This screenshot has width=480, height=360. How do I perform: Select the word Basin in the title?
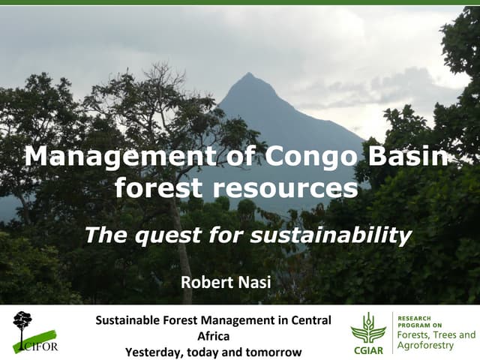coord(408,156)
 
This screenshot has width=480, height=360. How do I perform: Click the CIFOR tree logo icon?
coord(22,323)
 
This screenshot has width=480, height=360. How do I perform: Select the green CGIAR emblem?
coord(368,328)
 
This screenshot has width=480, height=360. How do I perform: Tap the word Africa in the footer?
coord(213,336)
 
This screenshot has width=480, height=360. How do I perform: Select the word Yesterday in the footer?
coord(154,351)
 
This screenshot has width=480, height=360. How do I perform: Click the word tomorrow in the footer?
coord(273,351)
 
